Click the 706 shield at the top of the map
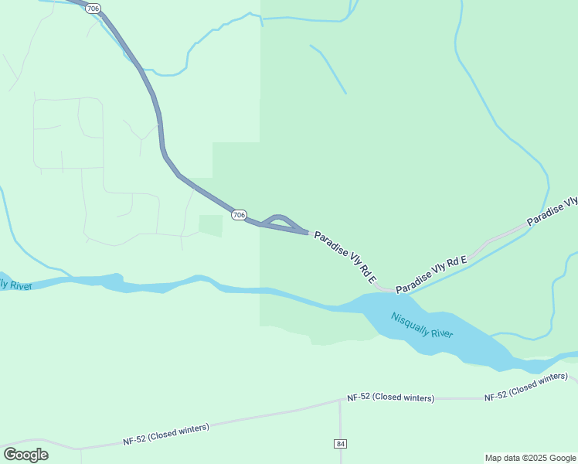pyautogui.click(x=93, y=9)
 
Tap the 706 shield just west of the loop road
pyautogui.click(x=240, y=214)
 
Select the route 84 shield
pyautogui.click(x=341, y=443)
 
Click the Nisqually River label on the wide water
pyautogui.click(x=421, y=325)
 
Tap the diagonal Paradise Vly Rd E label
pyautogui.click(x=345, y=256)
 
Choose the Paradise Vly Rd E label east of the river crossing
pyautogui.click(x=431, y=275)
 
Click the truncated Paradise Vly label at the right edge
pyautogui.click(x=552, y=211)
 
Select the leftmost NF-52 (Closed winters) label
pyautogui.click(x=165, y=433)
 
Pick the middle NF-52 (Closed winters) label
pyautogui.click(x=390, y=397)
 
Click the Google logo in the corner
pyautogui.click(x=25, y=454)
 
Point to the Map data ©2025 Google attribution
pyautogui.click(x=530, y=458)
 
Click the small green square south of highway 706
pyautogui.click(x=210, y=226)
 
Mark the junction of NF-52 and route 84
pyautogui.click(x=341, y=401)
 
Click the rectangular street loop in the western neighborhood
pyautogui.click(x=68, y=132)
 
